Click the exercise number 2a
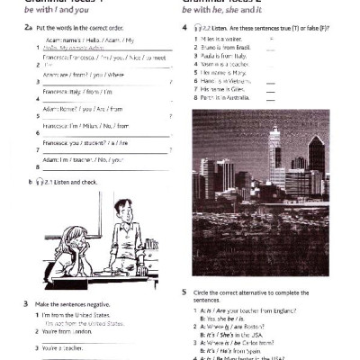click(x=29, y=28)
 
